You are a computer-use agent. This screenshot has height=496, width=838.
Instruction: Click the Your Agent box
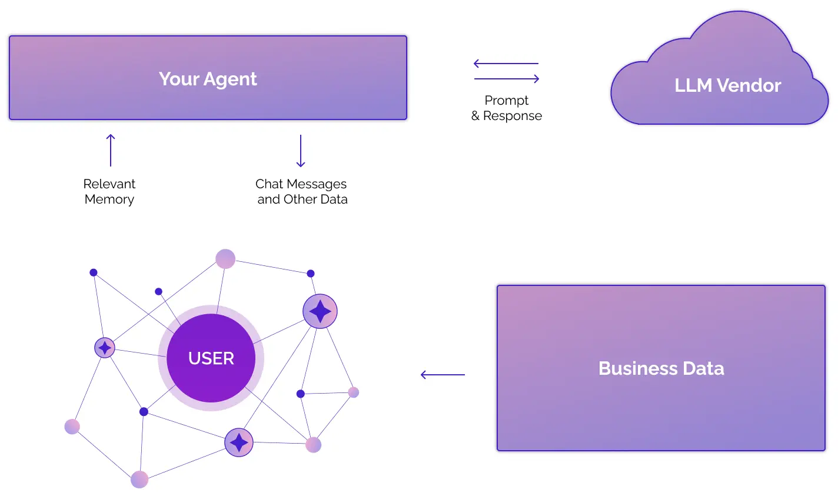click(x=208, y=78)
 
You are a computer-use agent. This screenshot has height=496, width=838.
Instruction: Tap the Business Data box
click(x=661, y=368)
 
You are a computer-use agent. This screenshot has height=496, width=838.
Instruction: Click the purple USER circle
click(x=211, y=358)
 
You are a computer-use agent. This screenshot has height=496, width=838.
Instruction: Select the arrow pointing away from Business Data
click(x=443, y=374)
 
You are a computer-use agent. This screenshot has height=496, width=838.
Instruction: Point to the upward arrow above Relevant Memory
click(x=111, y=150)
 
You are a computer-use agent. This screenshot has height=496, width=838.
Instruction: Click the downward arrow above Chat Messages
click(x=301, y=151)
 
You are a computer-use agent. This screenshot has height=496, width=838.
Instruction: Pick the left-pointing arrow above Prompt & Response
click(x=506, y=64)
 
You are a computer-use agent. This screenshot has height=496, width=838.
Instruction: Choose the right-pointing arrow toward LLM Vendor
click(x=507, y=79)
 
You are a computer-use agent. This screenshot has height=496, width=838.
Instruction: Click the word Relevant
click(x=109, y=184)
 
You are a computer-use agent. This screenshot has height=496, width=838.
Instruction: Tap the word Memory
click(x=109, y=199)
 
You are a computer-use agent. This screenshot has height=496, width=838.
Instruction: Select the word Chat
click(x=269, y=184)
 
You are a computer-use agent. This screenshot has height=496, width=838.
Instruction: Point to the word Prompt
click(x=507, y=101)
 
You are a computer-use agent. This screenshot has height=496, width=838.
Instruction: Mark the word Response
click(x=513, y=116)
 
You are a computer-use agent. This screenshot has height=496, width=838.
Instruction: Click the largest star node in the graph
click(x=320, y=311)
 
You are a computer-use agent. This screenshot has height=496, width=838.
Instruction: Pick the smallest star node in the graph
click(x=105, y=348)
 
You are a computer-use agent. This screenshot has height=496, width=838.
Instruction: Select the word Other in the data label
click(x=300, y=199)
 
